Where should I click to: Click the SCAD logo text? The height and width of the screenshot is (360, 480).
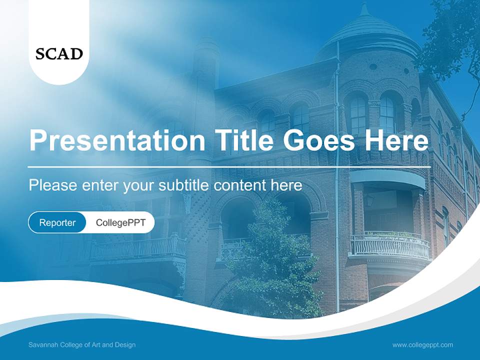(59, 53)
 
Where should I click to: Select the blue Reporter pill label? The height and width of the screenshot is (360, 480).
(57, 222)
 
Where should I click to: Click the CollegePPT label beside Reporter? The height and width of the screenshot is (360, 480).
(120, 222)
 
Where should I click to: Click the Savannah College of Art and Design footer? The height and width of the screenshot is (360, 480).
(82, 345)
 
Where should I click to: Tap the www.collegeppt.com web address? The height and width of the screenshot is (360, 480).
(422, 345)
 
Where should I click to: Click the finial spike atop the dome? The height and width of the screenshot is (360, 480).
(364, 7)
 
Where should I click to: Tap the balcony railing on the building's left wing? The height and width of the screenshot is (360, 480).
(137, 248)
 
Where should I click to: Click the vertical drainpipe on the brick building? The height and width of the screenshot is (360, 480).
(337, 200)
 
